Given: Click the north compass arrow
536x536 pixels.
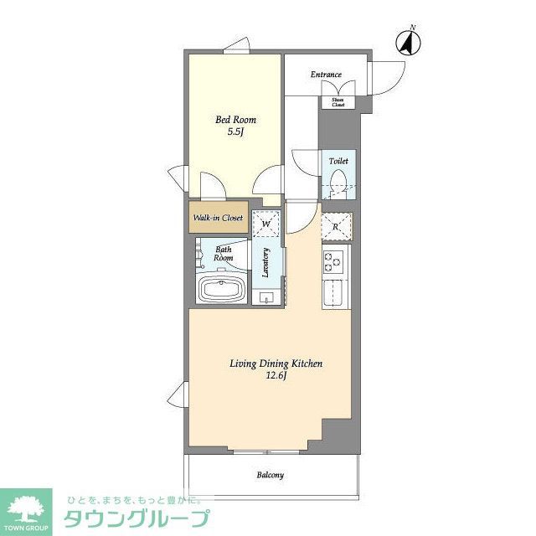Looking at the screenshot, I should pyautogui.click(x=410, y=43).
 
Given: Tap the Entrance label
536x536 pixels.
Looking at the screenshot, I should pyautogui.click(x=327, y=75).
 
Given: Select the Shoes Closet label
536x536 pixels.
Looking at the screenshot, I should pyautogui.click(x=338, y=102).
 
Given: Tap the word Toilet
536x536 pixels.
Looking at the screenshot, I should pyautogui.click(x=338, y=160).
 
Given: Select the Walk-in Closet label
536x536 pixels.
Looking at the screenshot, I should pyautogui.click(x=218, y=218).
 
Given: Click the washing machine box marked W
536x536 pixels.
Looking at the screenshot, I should pyautogui.click(x=265, y=224).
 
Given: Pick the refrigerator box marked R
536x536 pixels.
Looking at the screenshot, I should pyautogui.click(x=336, y=226).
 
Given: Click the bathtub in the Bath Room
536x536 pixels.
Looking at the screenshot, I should pyautogui.click(x=221, y=291).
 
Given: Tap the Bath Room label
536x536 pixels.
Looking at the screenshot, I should pyautogui.click(x=224, y=254).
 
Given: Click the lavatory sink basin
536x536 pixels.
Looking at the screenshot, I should pyautogui.click(x=267, y=297).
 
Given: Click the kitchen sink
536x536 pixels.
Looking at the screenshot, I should pyautogui.click(x=335, y=296).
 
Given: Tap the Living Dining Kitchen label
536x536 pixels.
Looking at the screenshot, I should pyautogui.click(x=276, y=363).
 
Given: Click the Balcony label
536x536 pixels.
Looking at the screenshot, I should pyautogui.click(x=270, y=475).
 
